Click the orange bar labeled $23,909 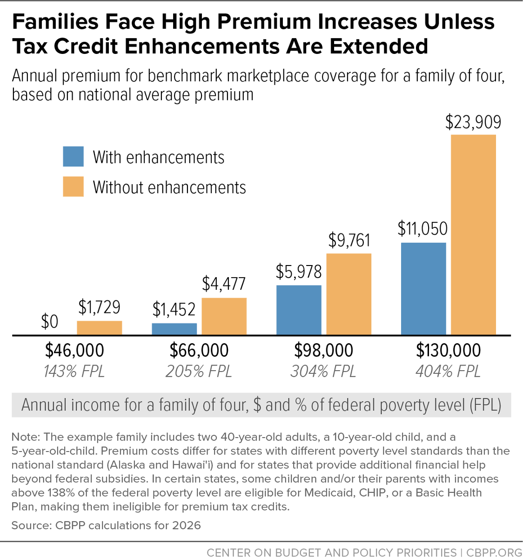click(x=473, y=235)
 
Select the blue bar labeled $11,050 click(x=423, y=288)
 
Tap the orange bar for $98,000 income click(x=349, y=294)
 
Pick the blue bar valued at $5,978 click(x=299, y=310)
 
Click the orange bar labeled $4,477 click(x=224, y=316)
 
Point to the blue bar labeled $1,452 click(x=174, y=329)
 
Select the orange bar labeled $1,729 click(x=100, y=328)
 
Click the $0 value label click(x=50, y=322)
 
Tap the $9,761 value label click(x=349, y=240)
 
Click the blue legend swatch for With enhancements click(x=74, y=157)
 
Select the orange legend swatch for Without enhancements click(x=74, y=187)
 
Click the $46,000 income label click(x=74, y=351)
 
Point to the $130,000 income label click(x=448, y=351)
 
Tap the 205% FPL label click(x=199, y=372)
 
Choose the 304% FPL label click(x=323, y=372)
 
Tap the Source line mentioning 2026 click(x=106, y=525)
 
